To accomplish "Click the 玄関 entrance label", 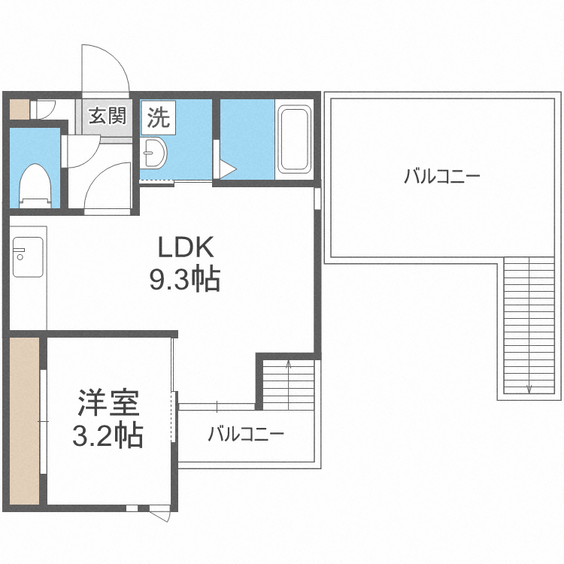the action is tap(108, 116).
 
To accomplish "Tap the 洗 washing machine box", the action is tap(158, 117).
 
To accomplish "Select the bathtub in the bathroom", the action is tap(295, 139).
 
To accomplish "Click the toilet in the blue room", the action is tap(35, 186).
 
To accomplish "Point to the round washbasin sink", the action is tap(153, 153).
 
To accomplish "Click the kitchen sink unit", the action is tap(28, 257).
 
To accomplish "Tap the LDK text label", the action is tap(186, 247).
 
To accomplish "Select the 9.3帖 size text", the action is tap(185, 279).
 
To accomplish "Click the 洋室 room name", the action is tap(108, 403).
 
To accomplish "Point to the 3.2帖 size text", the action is tap(108, 435).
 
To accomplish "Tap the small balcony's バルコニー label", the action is tap(246, 434).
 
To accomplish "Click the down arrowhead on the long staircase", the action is tap(529, 390).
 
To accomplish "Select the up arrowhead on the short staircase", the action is tap(289, 364).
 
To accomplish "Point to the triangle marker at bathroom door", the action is tap(226, 169).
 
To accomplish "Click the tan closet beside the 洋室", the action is tap(24, 421).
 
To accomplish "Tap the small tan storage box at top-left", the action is tap(19, 109).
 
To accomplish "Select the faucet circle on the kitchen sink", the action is tap(20, 257).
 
